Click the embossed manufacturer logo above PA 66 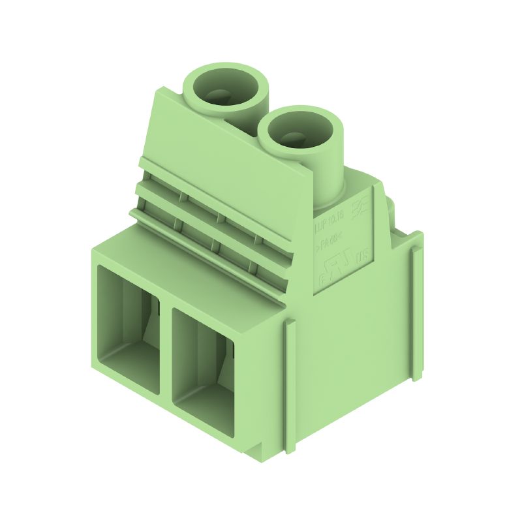tap(359, 209)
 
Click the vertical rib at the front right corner tap(290, 385)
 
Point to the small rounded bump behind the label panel tap(390, 207)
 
